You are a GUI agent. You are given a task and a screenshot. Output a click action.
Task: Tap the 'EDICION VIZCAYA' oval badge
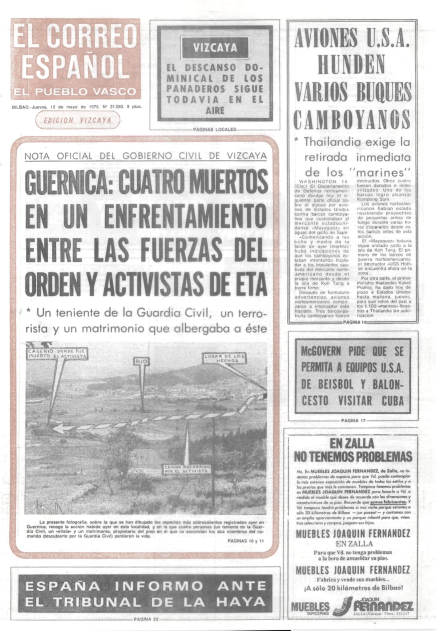point(78,121)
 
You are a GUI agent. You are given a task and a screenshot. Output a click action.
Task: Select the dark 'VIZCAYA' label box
point(215,48)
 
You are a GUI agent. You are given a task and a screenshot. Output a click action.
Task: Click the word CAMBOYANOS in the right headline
point(352,120)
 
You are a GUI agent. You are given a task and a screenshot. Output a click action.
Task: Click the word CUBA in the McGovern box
point(393,401)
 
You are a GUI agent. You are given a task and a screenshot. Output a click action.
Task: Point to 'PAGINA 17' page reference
point(353,421)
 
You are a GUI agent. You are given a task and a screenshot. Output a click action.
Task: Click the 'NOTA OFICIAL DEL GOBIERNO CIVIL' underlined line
point(145,156)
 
